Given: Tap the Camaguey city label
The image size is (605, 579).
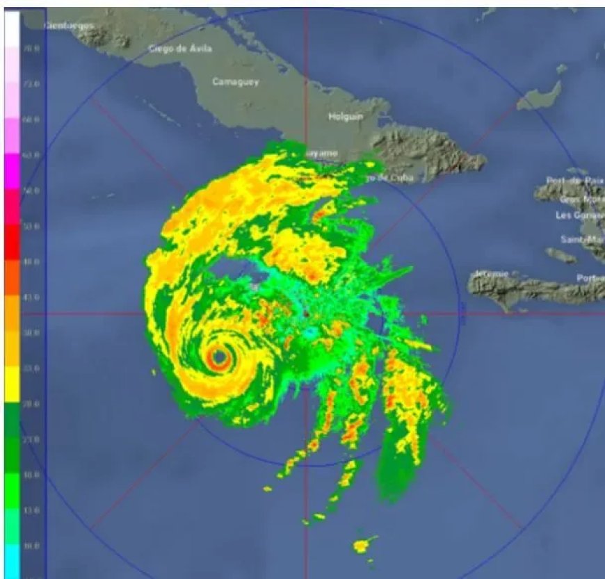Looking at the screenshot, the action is point(236,82).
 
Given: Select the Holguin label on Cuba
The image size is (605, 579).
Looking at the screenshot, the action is point(346,117).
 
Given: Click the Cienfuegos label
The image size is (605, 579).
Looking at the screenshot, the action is point(69,25).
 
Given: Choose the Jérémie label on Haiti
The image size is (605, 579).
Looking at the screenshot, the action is point(490,274).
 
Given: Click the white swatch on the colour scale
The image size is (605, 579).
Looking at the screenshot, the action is point(13,28).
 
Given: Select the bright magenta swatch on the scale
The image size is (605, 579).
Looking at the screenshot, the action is point(13,170).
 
